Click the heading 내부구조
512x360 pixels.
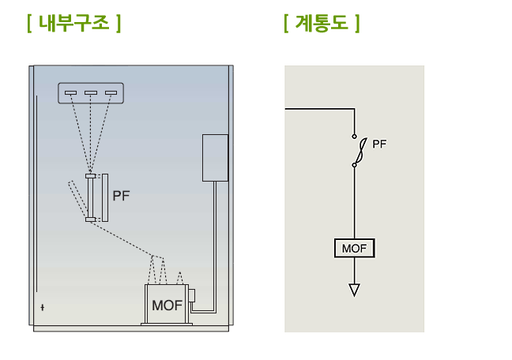click(x=74, y=23)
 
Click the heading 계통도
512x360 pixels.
click(x=322, y=23)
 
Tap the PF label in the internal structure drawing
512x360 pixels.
click(x=121, y=196)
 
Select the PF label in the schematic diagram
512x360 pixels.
click(x=379, y=144)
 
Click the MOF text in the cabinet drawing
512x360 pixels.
click(x=167, y=306)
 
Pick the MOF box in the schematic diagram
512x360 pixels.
click(x=354, y=248)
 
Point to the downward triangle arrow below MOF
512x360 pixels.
click(x=354, y=290)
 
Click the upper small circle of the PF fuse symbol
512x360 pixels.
click(x=354, y=137)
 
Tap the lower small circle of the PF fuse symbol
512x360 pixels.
click(x=354, y=165)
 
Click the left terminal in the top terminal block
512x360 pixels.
click(x=70, y=92)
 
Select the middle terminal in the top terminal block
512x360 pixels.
click(x=91, y=92)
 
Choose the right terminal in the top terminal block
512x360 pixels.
click(x=111, y=92)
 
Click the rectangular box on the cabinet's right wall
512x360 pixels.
click(x=215, y=158)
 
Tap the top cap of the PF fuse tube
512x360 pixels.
click(x=90, y=176)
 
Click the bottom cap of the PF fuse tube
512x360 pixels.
click(x=90, y=219)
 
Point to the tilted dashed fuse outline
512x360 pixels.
click(x=78, y=199)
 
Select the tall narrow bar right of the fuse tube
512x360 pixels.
click(x=105, y=198)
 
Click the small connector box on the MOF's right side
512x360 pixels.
click(x=192, y=295)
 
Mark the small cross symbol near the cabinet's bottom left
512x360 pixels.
click(x=43, y=307)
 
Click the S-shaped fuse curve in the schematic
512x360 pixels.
click(x=361, y=151)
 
